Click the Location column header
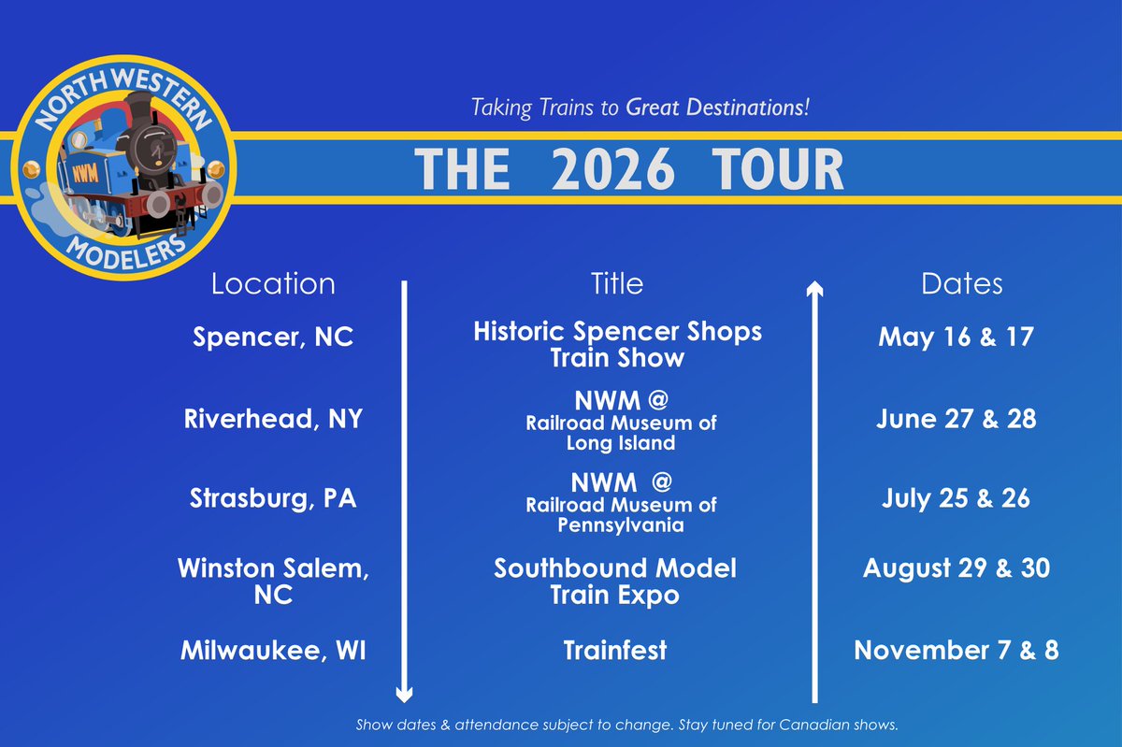pos(273,283)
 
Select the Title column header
pos(617,283)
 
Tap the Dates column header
pos(961,283)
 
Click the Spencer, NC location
pos(273,338)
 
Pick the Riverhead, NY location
pos(273,419)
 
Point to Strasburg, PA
pos(273,498)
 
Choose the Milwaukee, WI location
pos(273,651)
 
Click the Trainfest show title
pos(615,651)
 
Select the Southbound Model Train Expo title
pos(615,581)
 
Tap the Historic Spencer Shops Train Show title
pos(617,343)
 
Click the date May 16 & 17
pos(956,338)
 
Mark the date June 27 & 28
pos(956,419)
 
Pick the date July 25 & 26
pos(956,498)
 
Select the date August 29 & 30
pos(956,567)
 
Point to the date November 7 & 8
pos(956,651)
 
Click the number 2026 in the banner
pos(612,170)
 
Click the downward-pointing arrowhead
pos(404,694)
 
